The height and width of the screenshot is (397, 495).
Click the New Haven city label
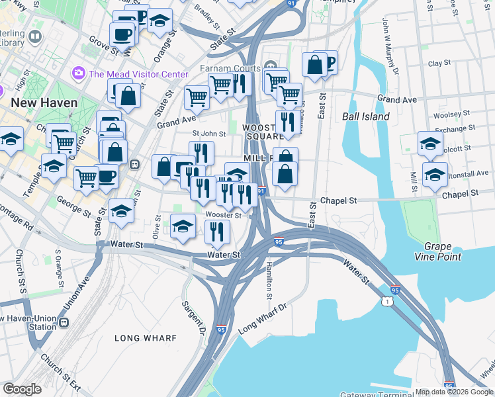click(43, 103)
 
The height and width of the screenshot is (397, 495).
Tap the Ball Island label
click(366, 116)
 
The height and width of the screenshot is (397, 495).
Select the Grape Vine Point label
click(437, 251)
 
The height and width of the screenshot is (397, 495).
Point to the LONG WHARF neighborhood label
click(146, 338)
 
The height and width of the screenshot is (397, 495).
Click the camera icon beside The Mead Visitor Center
click(79, 73)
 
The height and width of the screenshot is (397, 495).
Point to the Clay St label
click(439, 64)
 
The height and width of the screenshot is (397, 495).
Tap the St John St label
click(195, 134)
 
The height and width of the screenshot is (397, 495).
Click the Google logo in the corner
click(22, 388)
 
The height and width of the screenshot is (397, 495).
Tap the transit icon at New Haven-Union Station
click(64, 323)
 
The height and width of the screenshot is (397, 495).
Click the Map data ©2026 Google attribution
click(453, 392)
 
